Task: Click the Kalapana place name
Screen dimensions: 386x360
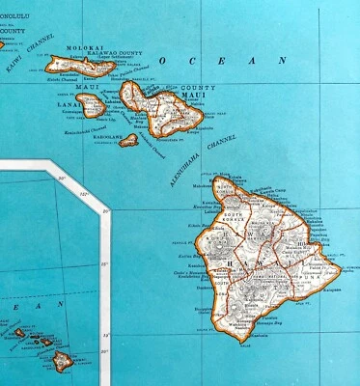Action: [318, 280]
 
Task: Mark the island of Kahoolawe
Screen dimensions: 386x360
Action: [127, 140]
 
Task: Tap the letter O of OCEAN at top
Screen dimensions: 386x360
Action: [164, 61]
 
